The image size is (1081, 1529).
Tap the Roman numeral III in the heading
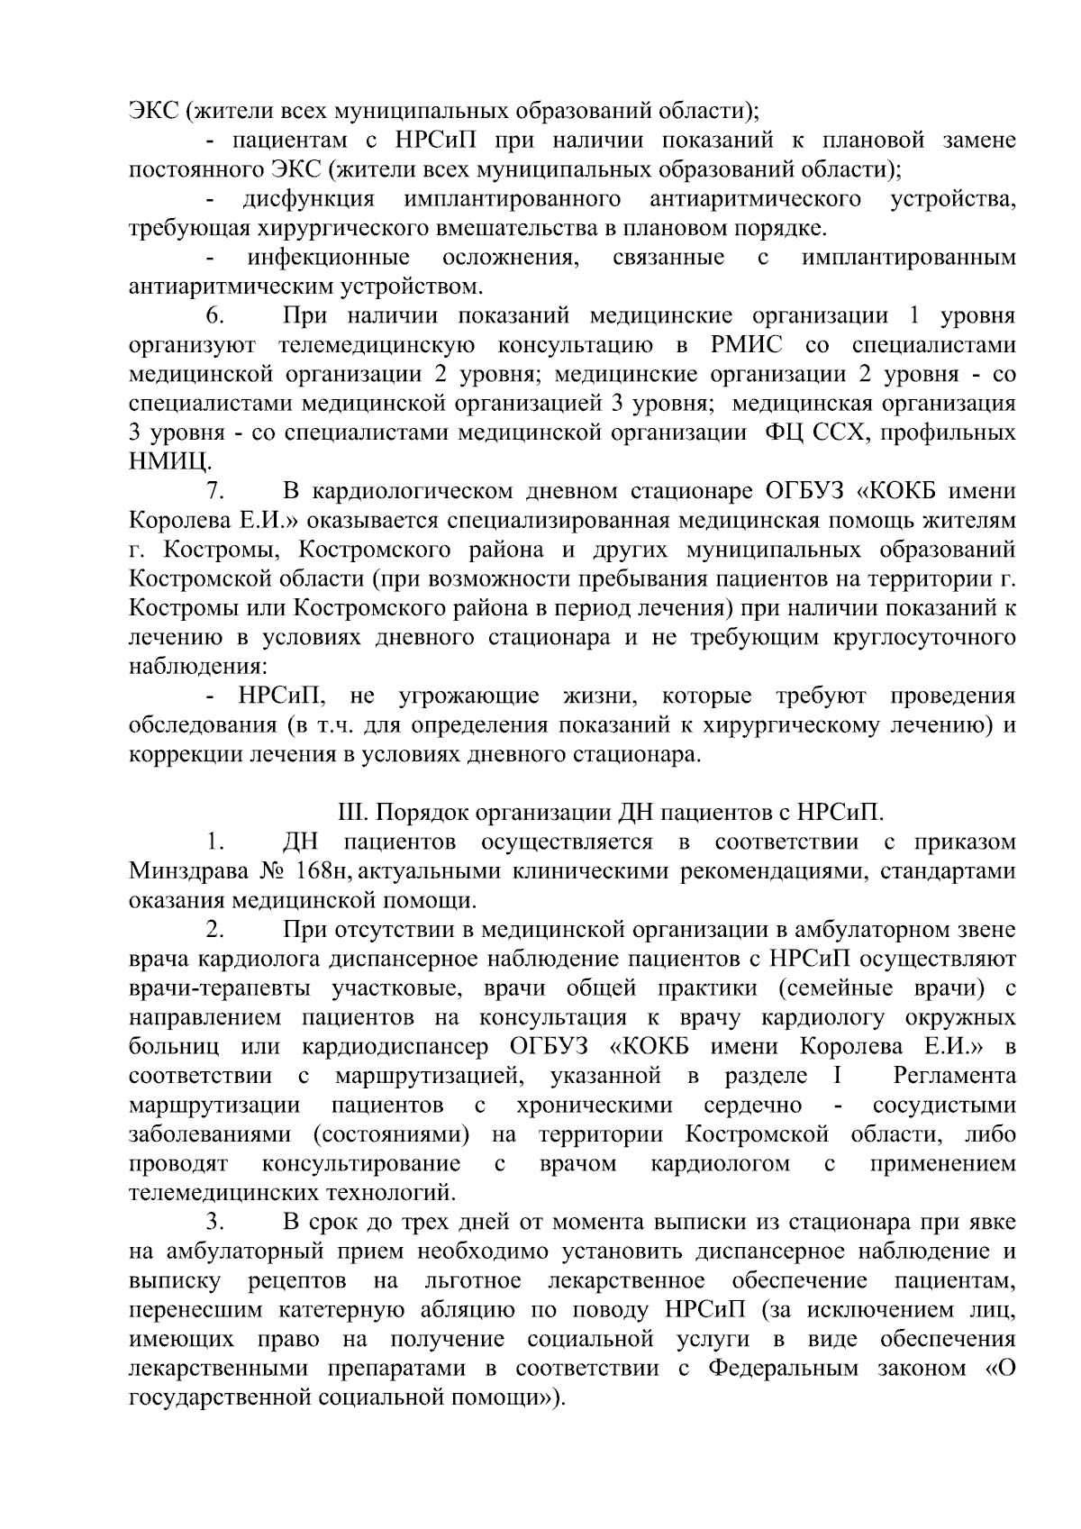click(350, 814)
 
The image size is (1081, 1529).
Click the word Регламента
click(954, 1077)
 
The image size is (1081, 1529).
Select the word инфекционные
click(330, 259)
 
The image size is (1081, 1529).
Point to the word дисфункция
click(308, 200)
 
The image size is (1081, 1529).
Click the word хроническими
click(595, 1106)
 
